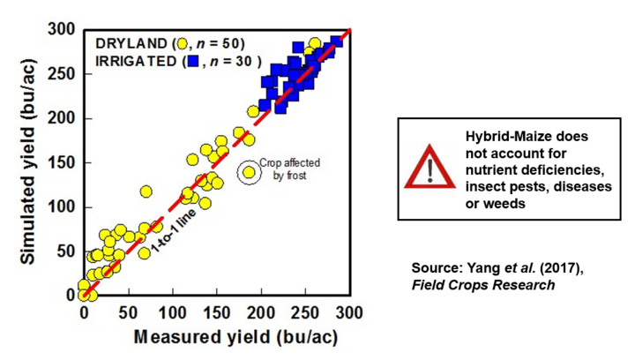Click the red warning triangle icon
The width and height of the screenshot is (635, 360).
430,167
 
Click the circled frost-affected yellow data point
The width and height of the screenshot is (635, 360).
250,172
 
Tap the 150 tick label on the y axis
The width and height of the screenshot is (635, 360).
62,163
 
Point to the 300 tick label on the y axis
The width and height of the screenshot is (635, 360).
62,30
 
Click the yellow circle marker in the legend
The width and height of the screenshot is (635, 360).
183,43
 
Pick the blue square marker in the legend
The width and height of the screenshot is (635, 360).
193,62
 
